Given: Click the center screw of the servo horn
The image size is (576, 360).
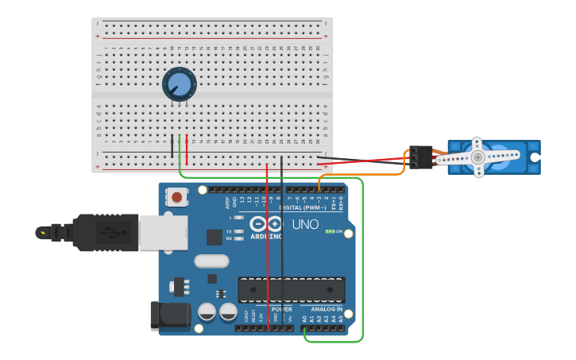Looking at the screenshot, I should (x=477, y=157).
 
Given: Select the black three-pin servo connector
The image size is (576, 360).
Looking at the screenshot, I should (x=420, y=157).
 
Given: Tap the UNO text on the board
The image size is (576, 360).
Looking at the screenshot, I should (x=305, y=225).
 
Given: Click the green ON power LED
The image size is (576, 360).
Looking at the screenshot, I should (x=330, y=231).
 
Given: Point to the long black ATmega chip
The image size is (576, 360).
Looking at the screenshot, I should (x=292, y=290).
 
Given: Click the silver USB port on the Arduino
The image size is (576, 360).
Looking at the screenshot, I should (x=163, y=232).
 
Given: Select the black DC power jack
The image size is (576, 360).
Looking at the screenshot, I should (x=170, y=315).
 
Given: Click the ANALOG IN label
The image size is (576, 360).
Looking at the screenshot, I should (x=327, y=309).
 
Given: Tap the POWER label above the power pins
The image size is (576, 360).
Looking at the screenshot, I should (x=281, y=309).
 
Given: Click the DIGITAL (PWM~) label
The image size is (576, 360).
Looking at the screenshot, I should (x=303, y=207).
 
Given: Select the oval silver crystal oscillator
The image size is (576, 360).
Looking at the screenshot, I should (x=211, y=261).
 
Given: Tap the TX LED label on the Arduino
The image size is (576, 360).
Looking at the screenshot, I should (x=230, y=231).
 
